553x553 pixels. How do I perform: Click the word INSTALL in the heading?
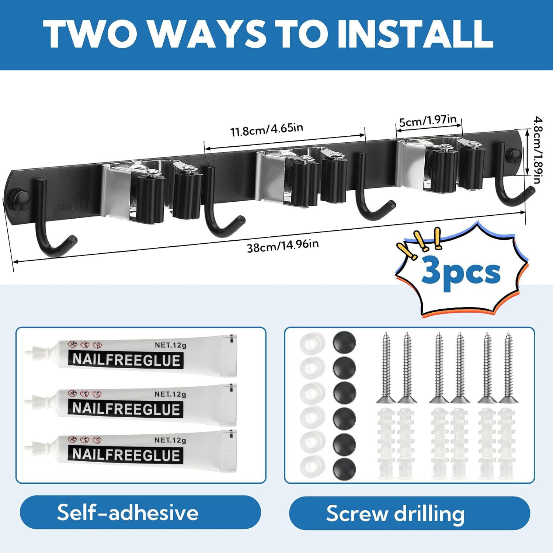tap(415, 34)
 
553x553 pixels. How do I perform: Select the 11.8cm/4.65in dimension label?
tap(267, 129)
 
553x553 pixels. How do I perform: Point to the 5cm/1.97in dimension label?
tap(428, 121)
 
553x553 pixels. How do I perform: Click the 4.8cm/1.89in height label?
tap(538, 150)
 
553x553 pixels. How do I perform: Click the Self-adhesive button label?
tap(128, 512)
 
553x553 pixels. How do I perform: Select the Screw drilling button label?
tap(395, 514)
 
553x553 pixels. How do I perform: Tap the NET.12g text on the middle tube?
tap(170, 394)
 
